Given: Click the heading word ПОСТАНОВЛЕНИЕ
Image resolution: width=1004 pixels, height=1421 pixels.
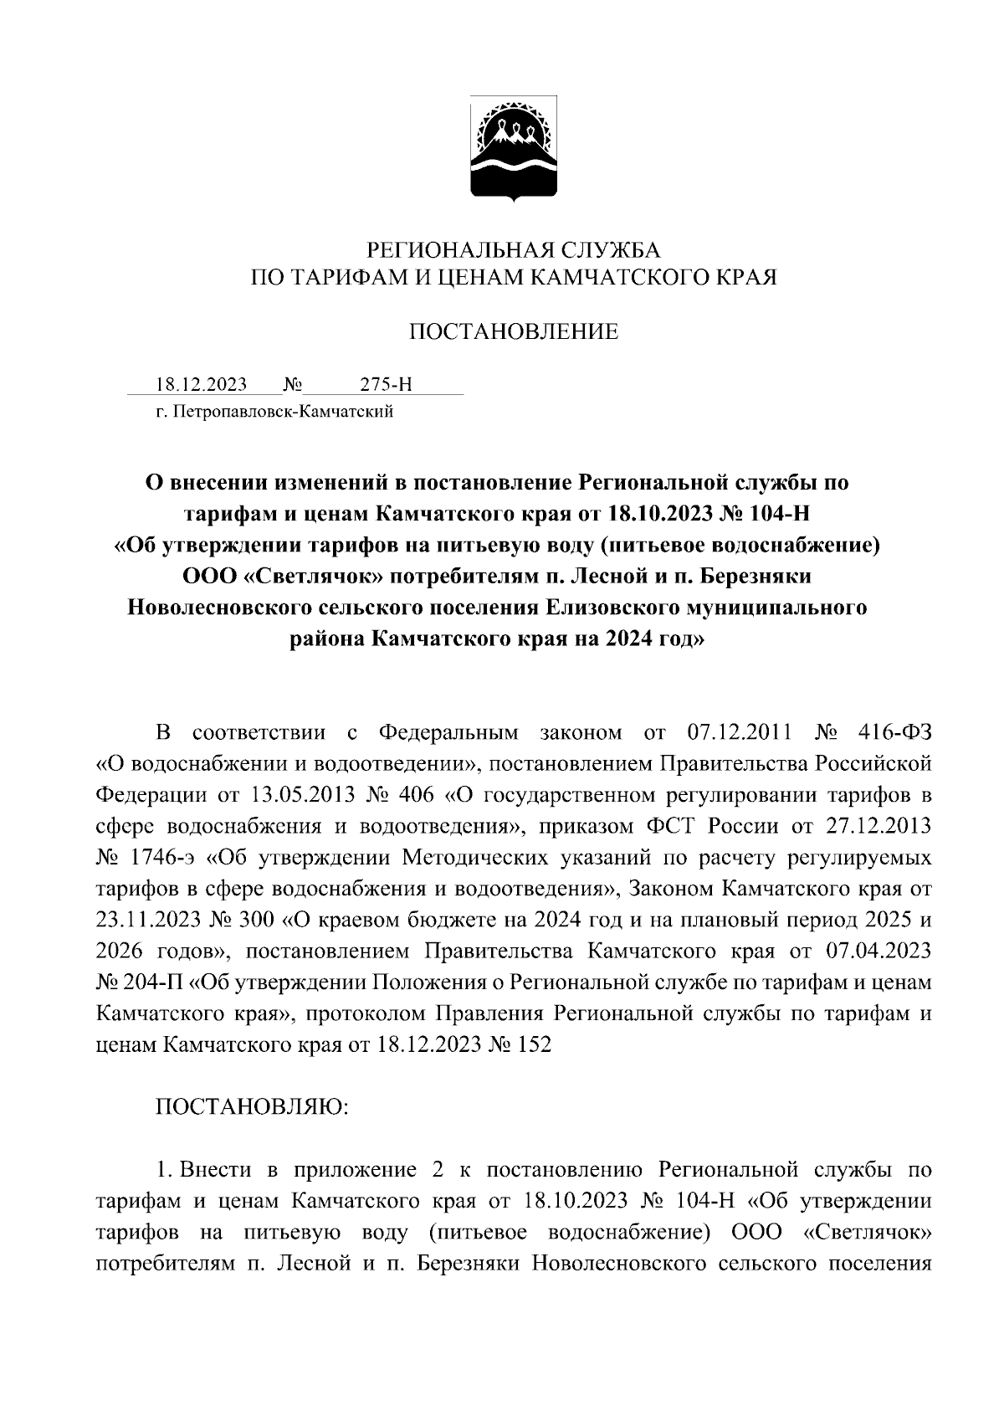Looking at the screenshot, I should (x=514, y=332).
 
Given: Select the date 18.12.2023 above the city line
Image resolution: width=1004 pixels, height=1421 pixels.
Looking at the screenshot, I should (x=201, y=385).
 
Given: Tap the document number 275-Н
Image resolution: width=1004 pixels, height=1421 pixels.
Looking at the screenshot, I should (x=386, y=385).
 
